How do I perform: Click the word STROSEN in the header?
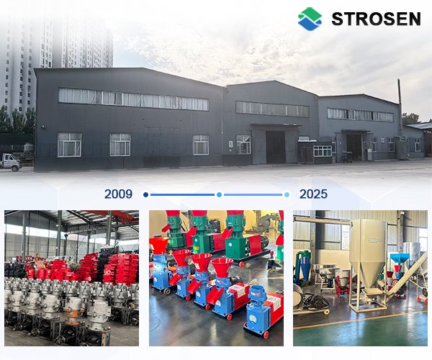[x=376, y=18]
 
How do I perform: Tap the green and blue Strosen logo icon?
[x=310, y=18]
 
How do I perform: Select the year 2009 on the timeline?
[x=118, y=194]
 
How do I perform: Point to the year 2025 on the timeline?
[x=313, y=194]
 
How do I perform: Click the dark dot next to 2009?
[x=145, y=194]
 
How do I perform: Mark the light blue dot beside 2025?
[x=287, y=194]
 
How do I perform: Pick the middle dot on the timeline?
[x=219, y=194]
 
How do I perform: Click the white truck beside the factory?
[x=10, y=161]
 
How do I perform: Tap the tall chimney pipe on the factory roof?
[x=400, y=97]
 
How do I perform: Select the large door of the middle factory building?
[x=276, y=146]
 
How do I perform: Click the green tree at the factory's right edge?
[x=410, y=118]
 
